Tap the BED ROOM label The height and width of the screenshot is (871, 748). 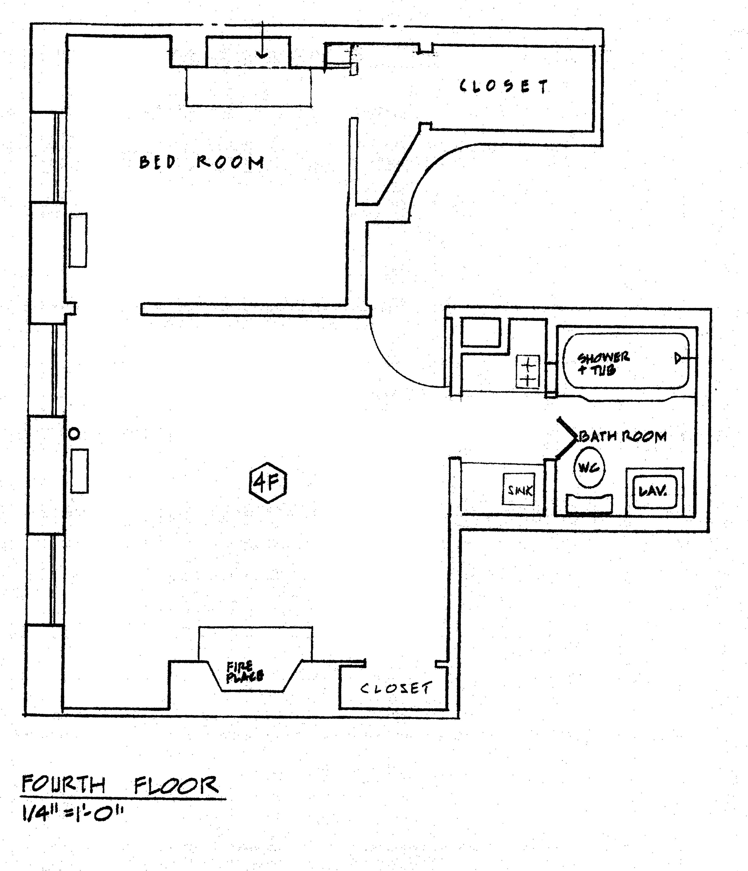(201, 162)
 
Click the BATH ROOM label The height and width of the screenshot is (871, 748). (623, 436)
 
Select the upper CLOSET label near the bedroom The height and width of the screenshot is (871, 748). (504, 87)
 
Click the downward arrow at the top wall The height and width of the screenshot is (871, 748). (262, 46)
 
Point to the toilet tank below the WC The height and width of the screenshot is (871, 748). (589, 504)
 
